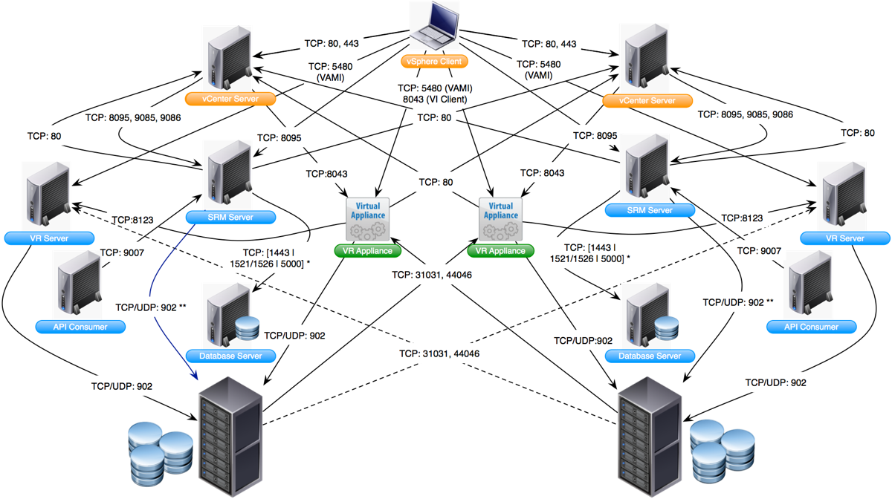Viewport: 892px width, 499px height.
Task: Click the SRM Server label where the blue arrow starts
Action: [230, 218]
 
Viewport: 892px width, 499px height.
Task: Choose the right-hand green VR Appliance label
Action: [501, 251]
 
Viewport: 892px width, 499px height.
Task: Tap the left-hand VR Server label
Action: [48, 238]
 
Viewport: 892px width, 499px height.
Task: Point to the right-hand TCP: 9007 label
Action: [758, 251]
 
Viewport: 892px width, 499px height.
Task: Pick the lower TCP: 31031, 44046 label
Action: [439, 354]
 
